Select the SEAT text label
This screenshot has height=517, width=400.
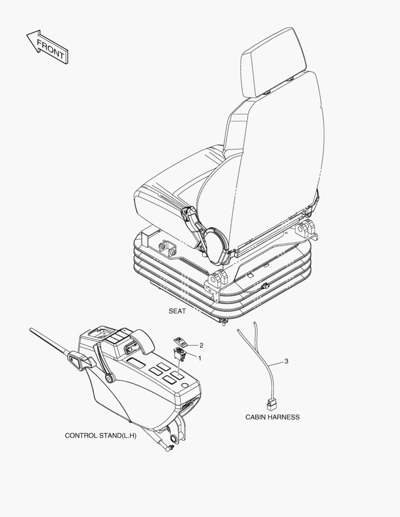click(177, 311)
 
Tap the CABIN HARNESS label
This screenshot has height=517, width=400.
click(273, 417)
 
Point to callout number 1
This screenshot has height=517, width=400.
click(200, 357)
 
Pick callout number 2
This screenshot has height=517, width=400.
click(202, 345)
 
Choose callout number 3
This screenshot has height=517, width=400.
click(286, 361)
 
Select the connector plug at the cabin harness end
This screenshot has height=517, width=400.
click(271, 405)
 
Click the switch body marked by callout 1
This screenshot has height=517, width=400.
click(181, 354)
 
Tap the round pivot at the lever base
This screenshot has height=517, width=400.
click(110, 379)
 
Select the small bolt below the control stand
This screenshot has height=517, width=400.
click(168, 449)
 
